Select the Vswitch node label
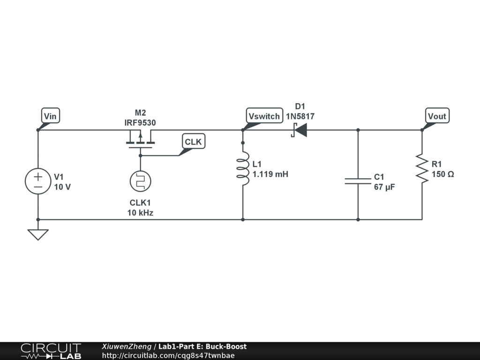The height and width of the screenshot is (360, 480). [264, 116]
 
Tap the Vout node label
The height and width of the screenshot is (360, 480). [437, 116]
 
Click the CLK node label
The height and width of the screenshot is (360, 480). [194, 142]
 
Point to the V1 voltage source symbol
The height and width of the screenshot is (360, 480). [38, 181]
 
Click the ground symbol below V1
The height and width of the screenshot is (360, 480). [38, 234]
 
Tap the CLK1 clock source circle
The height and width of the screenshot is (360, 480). [140, 181]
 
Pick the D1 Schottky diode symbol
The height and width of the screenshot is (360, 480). [299, 130]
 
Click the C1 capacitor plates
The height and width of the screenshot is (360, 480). [358, 181]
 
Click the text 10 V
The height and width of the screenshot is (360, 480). [62, 187]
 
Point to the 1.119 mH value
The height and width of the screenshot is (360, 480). [270, 174]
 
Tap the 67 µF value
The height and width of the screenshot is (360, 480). [384, 187]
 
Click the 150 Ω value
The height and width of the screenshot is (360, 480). [443, 174]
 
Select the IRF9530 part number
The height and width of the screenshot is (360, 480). [140, 123]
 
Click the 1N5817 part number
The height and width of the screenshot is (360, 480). [300, 116]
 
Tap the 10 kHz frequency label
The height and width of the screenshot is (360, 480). [140, 212]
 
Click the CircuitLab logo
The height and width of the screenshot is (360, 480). [51, 351]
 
